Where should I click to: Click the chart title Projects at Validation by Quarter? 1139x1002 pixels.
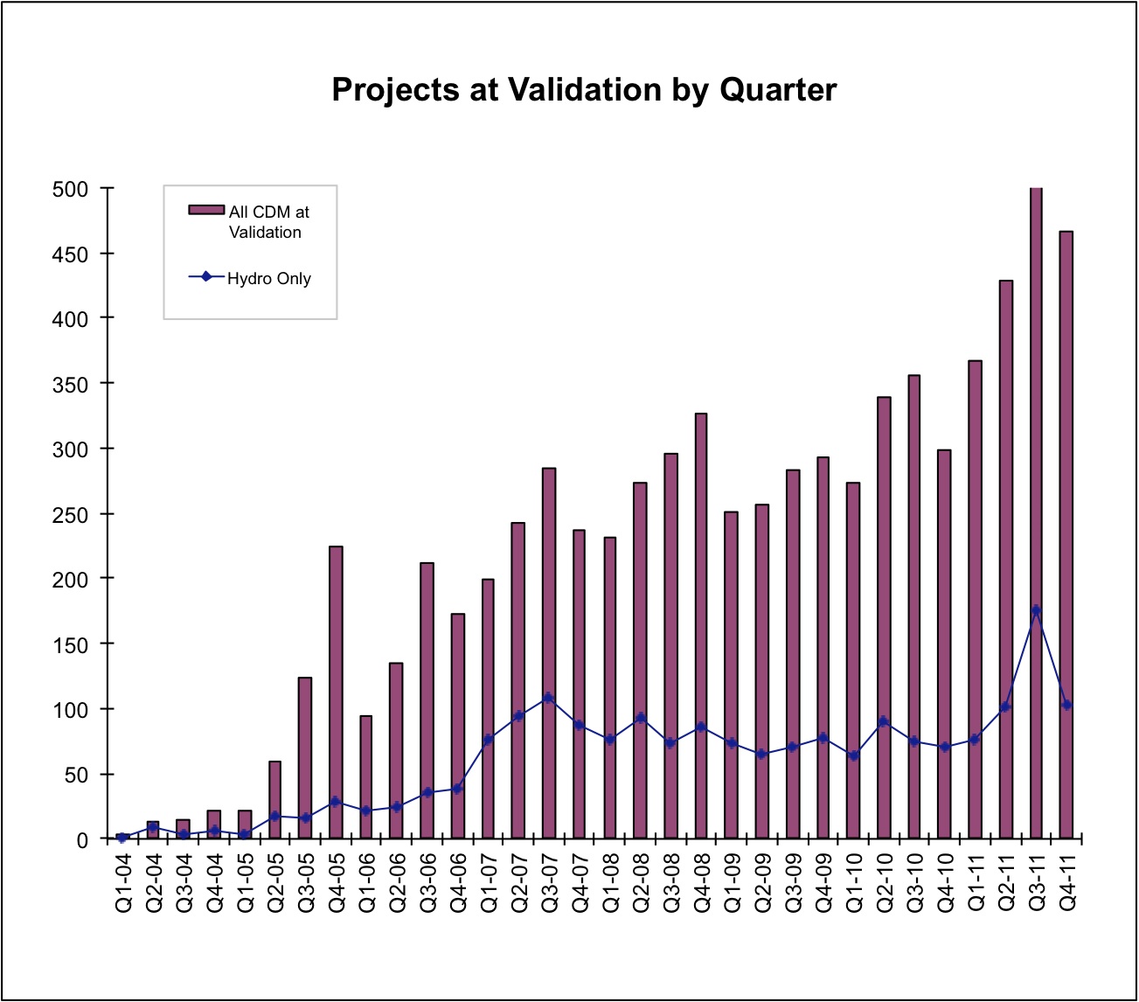(x=584, y=90)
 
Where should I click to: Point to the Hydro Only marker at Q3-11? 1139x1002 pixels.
(x=1036, y=611)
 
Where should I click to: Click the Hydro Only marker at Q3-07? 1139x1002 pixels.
(x=549, y=698)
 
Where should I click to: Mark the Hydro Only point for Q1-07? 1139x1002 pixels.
(x=489, y=740)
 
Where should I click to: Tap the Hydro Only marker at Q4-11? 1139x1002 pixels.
(x=1066, y=705)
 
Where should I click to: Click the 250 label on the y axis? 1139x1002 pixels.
(x=71, y=515)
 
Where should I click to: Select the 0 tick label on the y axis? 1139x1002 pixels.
(x=83, y=840)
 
